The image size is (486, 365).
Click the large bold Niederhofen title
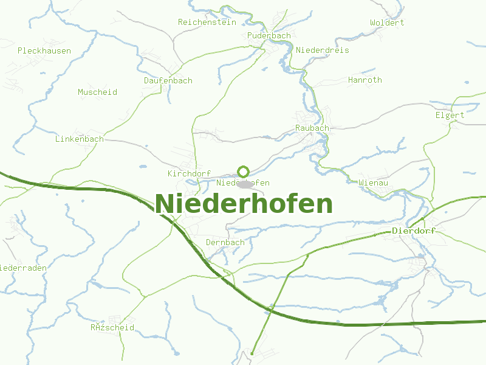244,204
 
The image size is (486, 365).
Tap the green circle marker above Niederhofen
244,172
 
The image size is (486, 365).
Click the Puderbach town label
269,36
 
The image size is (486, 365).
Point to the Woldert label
387,23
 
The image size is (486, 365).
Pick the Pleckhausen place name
44,51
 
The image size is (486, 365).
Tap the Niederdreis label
323,50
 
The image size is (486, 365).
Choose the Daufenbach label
168,81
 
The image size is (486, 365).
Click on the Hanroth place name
365,80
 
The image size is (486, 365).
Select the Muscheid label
97,92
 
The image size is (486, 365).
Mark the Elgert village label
450,116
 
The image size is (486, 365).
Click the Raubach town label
312,128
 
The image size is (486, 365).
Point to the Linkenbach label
79,139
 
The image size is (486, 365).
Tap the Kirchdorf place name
189,174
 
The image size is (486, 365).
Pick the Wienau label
374,182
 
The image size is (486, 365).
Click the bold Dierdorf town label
414,231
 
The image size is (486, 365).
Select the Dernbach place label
225,242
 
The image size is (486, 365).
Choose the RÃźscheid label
112,328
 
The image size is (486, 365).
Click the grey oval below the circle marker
244,184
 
